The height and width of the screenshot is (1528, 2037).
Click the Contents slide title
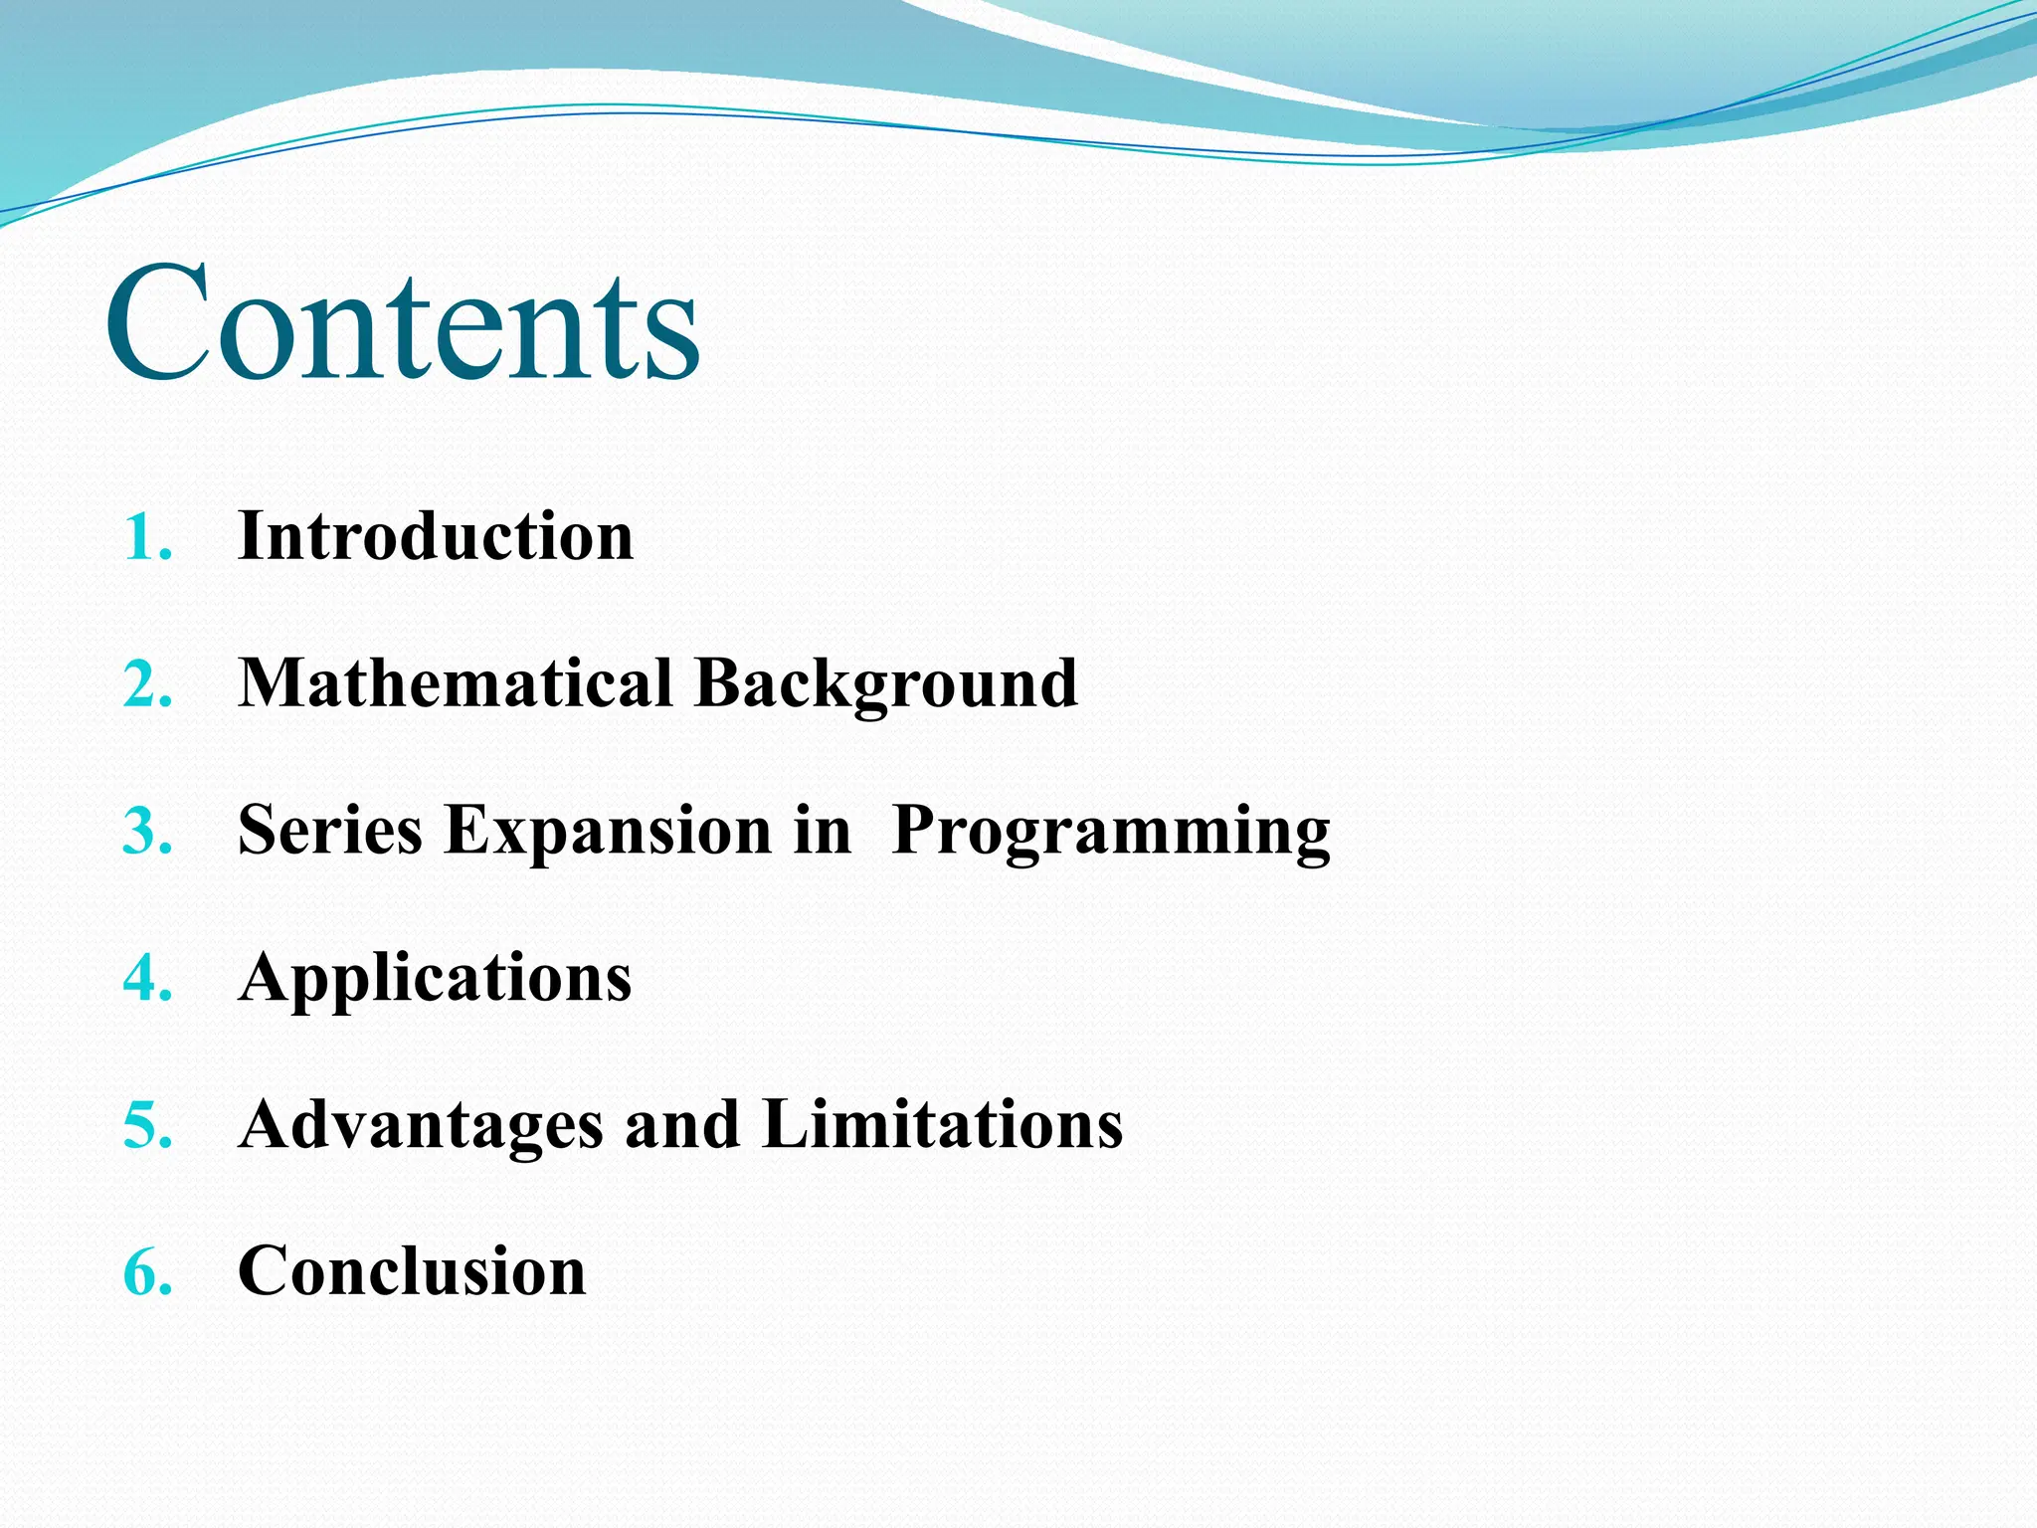(x=403, y=323)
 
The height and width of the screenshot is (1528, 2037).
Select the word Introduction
(x=436, y=537)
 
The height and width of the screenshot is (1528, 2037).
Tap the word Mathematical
(x=456, y=684)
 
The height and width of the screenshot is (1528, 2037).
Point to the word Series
(x=329, y=831)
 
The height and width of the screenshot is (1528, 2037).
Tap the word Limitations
(x=942, y=1125)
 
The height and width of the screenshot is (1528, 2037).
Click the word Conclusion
(x=412, y=1272)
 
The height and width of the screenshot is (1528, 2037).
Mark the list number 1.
(x=147, y=539)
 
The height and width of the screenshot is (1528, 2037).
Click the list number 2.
(x=147, y=686)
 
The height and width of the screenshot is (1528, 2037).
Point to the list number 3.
(x=147, y=833)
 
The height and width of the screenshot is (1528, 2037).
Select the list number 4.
(x=147, y=979)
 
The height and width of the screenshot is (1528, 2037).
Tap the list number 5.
(x=147, y=1126)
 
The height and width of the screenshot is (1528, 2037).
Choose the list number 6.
(x=147, y=1273)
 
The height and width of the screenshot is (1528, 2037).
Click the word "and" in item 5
(x=681, y=1125)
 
